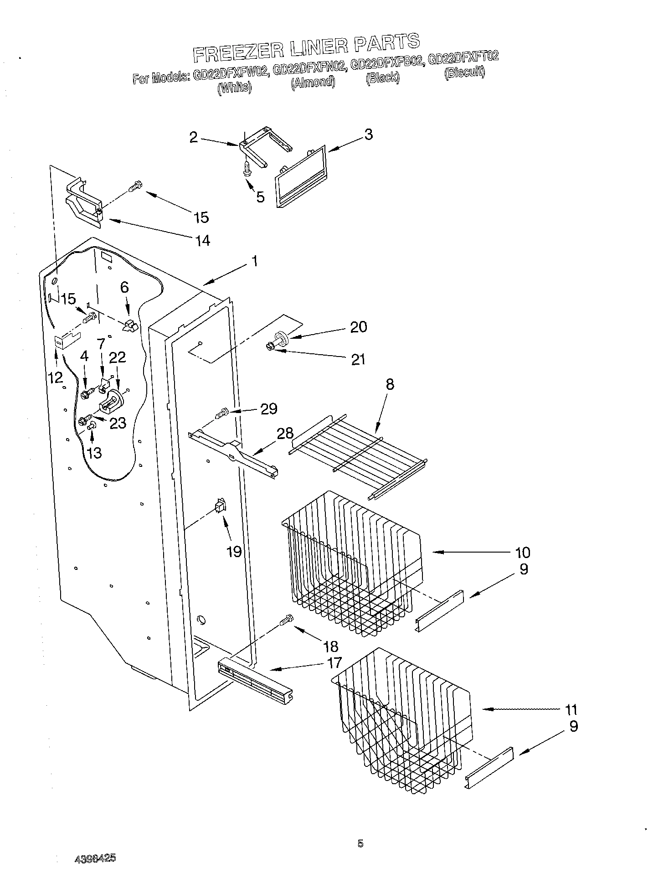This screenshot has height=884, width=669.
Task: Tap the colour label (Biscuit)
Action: click(x=464, y=73)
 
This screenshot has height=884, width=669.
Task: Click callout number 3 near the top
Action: click(x=368, y=134)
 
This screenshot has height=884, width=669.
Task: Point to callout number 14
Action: click(x=203, y=240)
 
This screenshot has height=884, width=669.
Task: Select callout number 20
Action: click(x=358, y=327)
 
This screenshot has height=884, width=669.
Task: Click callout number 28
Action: click(x=285, y=433)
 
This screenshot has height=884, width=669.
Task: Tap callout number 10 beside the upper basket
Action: click(x=523, y=553)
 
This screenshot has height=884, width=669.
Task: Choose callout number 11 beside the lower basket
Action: click(x=571, y=709)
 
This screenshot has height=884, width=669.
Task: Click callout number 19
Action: click(x=234, y=552)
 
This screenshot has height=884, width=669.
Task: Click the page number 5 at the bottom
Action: click(x=360, y=843)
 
